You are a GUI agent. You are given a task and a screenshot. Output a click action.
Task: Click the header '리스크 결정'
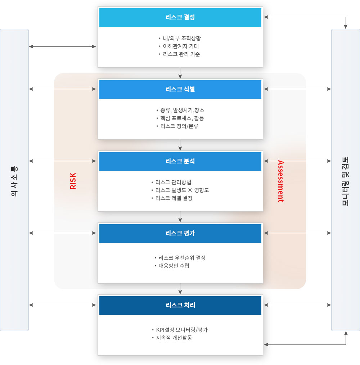pos(180,17)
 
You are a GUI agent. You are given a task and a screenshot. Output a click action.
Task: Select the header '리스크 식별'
pos(180,89)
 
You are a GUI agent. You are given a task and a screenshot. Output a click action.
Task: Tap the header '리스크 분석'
pos(180,161)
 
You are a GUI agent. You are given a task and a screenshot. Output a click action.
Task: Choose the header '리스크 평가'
pos(180,233)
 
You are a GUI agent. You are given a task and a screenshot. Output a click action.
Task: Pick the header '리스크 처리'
pos(180,305)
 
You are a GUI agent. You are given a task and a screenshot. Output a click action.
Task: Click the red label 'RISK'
pos(73,181)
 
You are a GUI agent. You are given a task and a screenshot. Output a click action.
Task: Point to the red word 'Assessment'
pos(281,181)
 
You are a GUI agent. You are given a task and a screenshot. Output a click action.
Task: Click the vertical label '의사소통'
pos(14,181)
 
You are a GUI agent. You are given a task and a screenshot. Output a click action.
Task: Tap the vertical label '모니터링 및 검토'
pos(346,181)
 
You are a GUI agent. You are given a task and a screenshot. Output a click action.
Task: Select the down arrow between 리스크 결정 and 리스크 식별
pos(180,73)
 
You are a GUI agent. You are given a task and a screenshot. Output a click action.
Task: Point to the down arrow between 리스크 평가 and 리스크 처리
pos(180,289)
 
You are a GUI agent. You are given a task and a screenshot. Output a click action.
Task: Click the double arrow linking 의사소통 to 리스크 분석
pos(62,161)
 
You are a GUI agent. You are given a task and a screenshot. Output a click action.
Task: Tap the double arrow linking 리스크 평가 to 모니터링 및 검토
pos(297,233)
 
